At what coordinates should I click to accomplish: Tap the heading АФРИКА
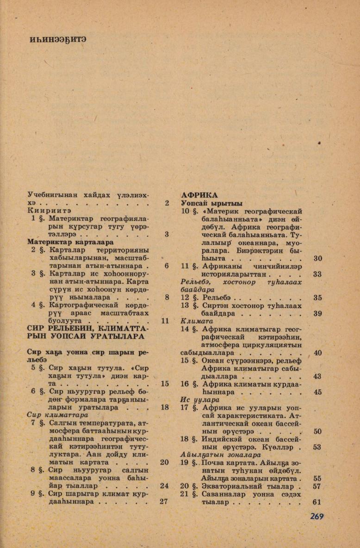click(x=199, y=195)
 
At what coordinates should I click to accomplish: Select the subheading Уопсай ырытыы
click(x=205, y=204)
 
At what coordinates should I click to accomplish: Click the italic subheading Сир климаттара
click(x=57, y=415)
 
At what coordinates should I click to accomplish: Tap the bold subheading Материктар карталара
click(x=70, y=242)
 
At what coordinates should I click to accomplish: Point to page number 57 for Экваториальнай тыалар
click(x=317, y=486)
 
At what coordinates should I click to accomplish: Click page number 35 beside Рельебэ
click(x=317, y=298)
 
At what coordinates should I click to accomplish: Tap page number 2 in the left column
click(x=166, y=203)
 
